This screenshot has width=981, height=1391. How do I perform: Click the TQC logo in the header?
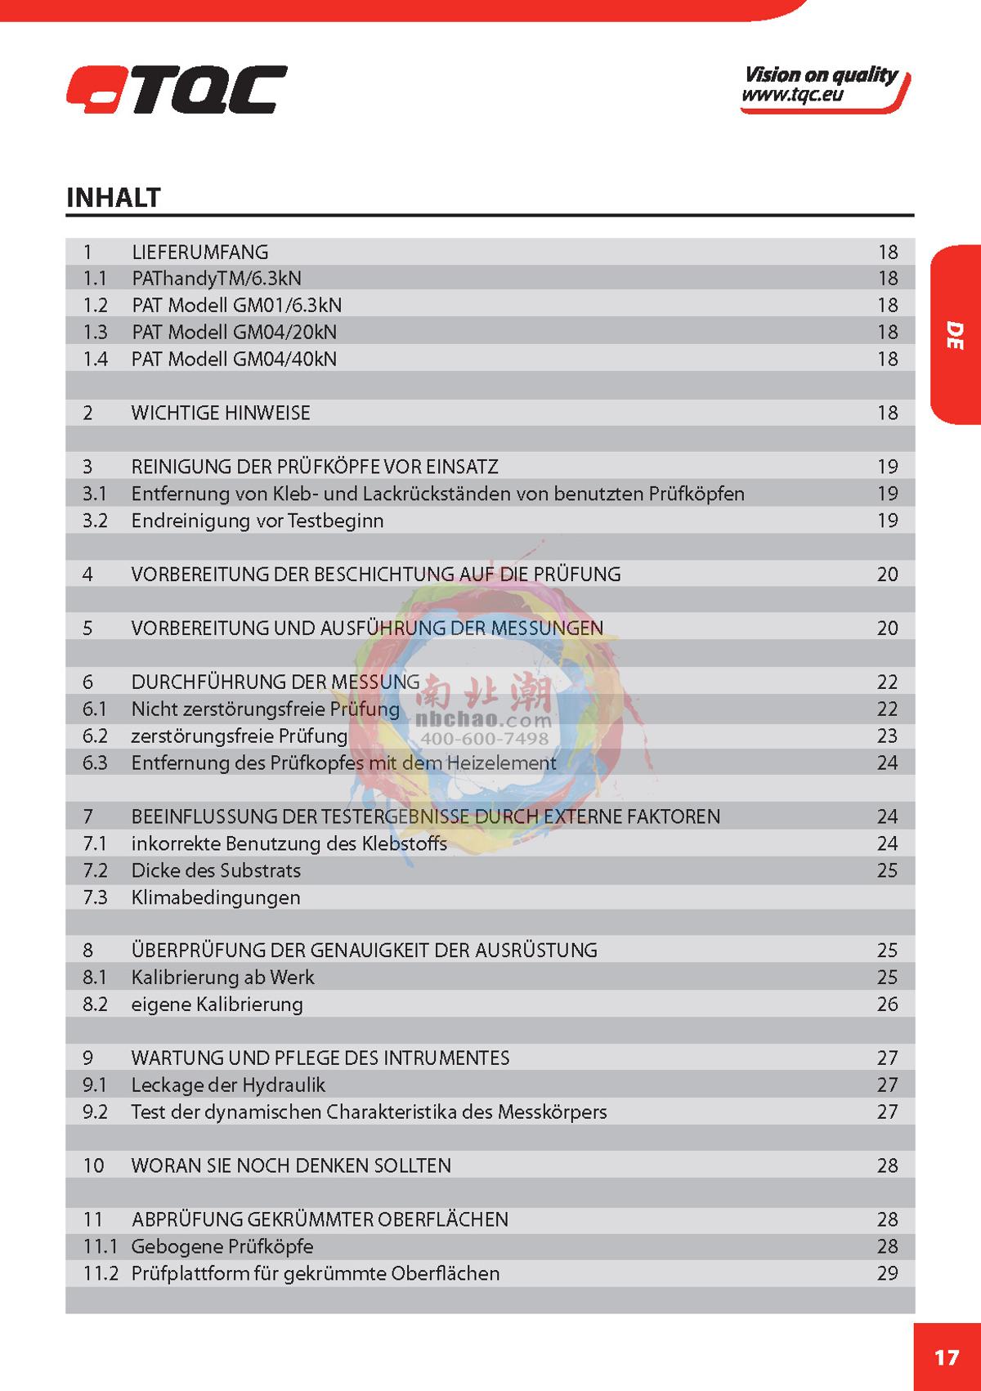click(177, 89)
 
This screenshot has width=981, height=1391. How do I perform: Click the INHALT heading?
click(113, 197)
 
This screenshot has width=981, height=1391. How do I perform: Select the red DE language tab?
click(954, 334)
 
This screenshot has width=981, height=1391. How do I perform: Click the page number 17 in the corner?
click(946, 1357)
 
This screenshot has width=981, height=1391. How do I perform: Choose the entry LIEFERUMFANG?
click(199, 252)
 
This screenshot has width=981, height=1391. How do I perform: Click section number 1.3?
click(95, 332)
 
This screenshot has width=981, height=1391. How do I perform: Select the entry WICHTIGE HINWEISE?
click(221, 413)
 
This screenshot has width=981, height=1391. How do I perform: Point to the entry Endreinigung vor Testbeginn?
click(257, 521)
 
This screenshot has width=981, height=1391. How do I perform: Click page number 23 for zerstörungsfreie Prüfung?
click(887, 736)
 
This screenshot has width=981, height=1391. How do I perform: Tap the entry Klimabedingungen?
click(216, 897)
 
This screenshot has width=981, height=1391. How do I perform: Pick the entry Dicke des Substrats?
click(216, 870)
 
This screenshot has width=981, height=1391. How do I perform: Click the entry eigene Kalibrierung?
click(217, 1004)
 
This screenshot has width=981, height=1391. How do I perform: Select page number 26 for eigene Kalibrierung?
click(887, 1004)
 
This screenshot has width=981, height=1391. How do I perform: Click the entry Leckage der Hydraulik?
click(228, 1085)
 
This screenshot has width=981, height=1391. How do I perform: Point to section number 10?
click(93, 1165)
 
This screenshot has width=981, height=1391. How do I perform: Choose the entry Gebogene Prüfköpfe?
click(222, 1246)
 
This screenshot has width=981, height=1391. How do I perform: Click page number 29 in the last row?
click(887, 1272)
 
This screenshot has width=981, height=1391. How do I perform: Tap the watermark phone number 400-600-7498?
click(484, 739)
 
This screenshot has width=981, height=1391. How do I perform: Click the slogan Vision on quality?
click(820, 75)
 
